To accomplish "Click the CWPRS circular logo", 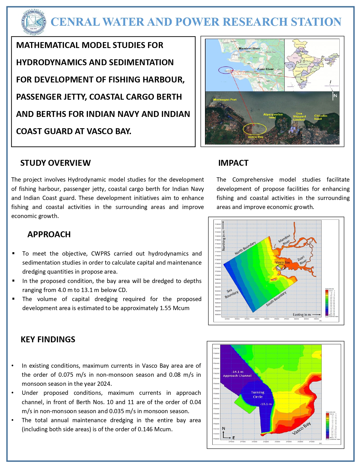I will click(x=33, y=22).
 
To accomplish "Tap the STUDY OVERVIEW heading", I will click(x=55, y=163).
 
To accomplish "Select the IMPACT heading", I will click(x=233, y=163).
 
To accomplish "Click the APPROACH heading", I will click(x=49, y=234).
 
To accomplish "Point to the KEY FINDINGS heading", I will click(x=48, y=339).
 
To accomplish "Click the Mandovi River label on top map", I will click(x=249, y=49).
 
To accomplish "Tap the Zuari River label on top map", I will click(x=265, y=69).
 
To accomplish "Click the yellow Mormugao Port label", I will click(x=225, y=100).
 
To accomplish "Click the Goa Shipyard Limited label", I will click(x=299, y=116).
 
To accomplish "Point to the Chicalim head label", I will click(x=320, y=117).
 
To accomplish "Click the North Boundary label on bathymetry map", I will click(x=245, y=248).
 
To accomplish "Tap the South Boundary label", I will click(x=276, y=299).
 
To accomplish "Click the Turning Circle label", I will click(x=258, y=394).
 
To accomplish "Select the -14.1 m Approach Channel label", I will click(x=237, y=374).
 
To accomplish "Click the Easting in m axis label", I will click(x=302, y=315).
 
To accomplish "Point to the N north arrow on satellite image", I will click(x=335, y=95).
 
